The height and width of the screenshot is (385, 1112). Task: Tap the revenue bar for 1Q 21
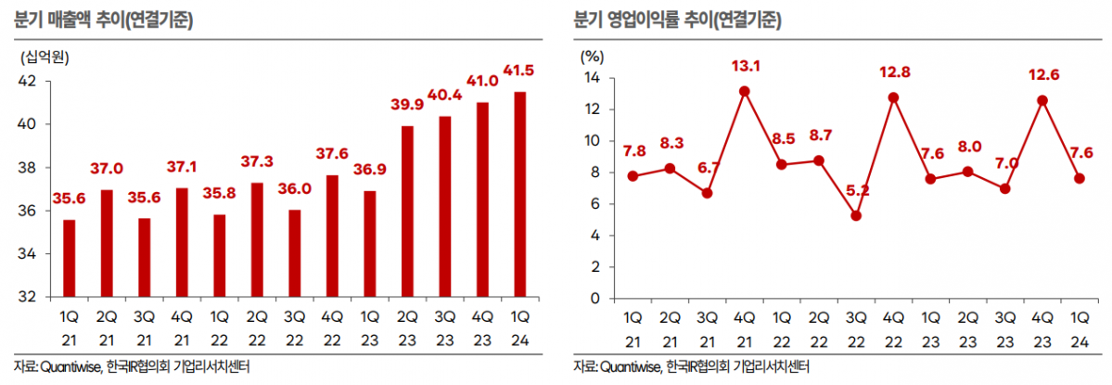[69, 259]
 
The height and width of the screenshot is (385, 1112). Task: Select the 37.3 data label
[255, 161]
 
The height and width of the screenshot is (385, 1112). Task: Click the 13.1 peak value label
[745, 66]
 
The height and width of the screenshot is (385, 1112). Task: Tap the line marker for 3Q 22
[856, 216]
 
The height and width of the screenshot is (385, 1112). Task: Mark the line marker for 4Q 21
[744, 91]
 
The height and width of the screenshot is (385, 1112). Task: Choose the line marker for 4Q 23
[1042, 99]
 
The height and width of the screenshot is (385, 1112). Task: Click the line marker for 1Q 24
[1080, 178]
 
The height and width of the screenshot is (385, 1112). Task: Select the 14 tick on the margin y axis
[592, 78]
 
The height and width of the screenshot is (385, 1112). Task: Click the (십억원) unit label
[45, 56]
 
